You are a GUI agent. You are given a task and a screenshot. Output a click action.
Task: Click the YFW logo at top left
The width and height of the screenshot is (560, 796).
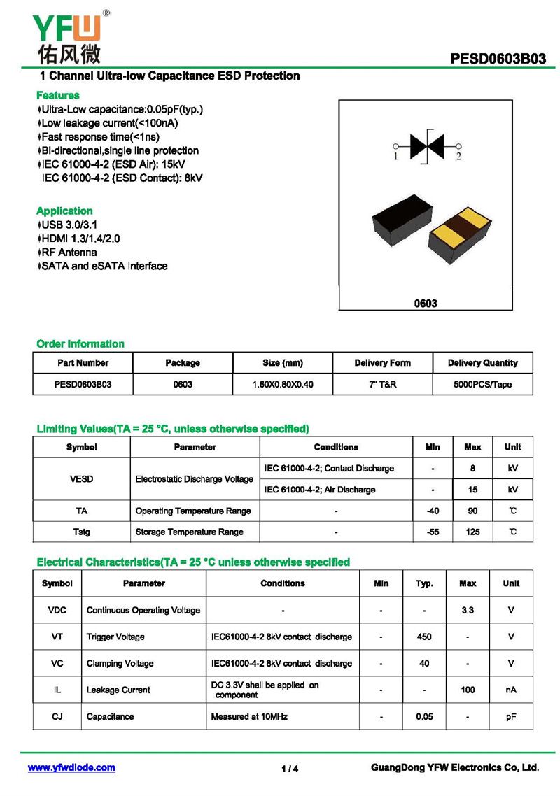coord(67,36)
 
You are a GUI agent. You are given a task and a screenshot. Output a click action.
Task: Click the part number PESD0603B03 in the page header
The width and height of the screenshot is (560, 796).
coord(498,59)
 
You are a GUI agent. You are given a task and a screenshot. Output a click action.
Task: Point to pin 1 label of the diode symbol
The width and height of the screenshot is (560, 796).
coord(395,157)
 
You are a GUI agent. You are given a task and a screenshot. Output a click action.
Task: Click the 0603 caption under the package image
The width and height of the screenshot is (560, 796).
coord(426,303)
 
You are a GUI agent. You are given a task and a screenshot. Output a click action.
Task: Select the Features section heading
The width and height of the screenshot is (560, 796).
coord(57,95)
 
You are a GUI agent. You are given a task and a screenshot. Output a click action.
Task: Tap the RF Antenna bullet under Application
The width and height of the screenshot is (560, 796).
coord(69,252)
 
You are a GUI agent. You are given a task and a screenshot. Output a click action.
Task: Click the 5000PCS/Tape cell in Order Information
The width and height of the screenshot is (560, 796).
coord(483,384)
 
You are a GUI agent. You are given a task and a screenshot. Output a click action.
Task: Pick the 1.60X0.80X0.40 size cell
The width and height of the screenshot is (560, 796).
coord(283,384)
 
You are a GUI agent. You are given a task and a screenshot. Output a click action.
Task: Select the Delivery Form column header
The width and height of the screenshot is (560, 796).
coord(382,362)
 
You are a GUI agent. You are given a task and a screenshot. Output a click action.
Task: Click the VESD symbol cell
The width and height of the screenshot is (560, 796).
coord(81,479)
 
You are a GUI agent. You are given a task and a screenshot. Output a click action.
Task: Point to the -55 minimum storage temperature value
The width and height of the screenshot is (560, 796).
coord(433,532)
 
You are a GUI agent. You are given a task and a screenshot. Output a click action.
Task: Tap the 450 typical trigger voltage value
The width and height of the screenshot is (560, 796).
coord(424,637)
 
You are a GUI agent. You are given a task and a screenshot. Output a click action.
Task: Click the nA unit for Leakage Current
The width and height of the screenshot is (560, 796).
coord(511,690)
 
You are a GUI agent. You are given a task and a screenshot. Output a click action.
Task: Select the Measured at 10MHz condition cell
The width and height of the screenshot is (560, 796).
coord(249,716)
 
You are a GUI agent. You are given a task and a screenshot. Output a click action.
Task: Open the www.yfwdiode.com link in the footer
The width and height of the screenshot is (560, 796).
coord(71,767)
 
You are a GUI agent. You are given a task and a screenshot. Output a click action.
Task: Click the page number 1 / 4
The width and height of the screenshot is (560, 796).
coord(290,769)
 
